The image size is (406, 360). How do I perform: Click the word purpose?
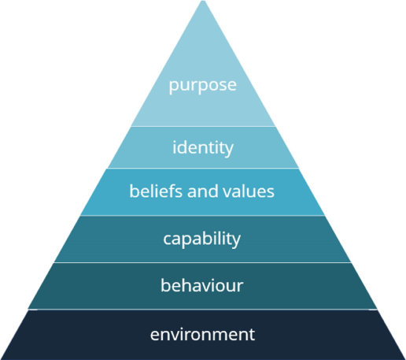(203, 86)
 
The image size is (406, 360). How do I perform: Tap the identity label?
(203, 148)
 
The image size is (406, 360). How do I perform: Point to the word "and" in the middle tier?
(203, 191)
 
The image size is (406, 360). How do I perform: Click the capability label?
(202, 239)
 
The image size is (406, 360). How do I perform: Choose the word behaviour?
(202, 285)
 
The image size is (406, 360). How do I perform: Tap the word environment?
(202, 334)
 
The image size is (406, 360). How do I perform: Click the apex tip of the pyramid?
(203, 1)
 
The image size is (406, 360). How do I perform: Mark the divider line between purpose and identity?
(203, 127)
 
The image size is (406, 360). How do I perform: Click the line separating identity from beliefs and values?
(203, 168)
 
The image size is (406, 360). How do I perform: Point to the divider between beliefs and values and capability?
(202, 216)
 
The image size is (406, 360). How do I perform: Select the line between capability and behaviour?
(202, 262)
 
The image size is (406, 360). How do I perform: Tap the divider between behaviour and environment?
(202, 310)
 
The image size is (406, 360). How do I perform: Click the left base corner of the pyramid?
(1, 359)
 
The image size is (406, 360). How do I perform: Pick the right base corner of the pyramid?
(405, 359)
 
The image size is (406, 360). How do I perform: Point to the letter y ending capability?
(236, 241)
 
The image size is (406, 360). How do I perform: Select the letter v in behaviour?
(205, 287)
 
